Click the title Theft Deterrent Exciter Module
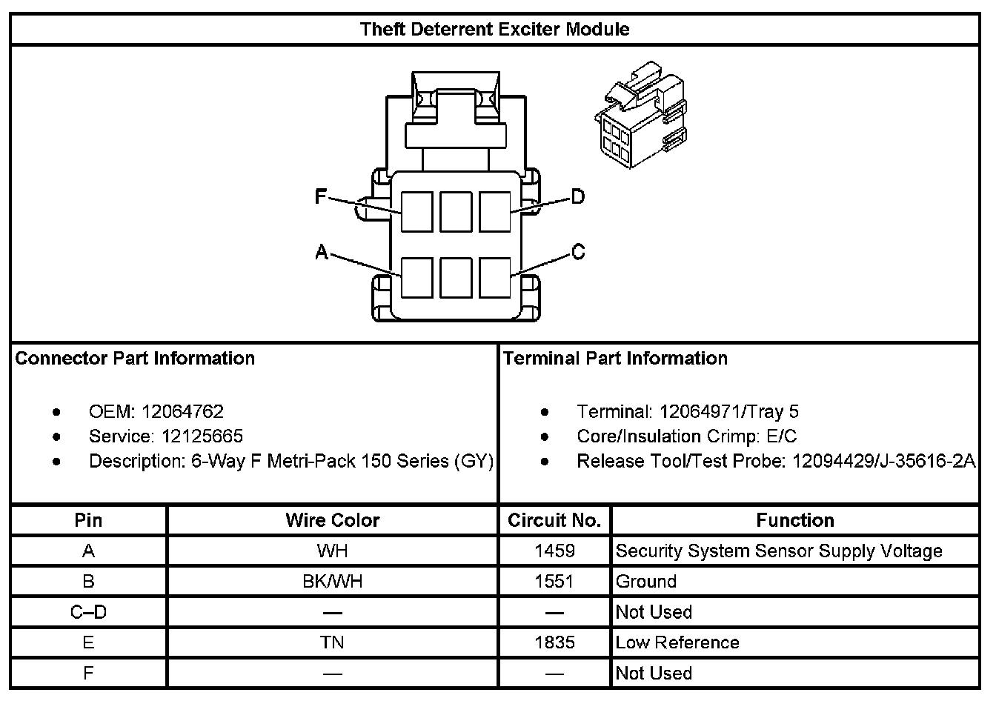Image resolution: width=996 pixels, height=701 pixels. click(494, 30)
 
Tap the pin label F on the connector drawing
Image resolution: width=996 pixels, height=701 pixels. click(321, 196)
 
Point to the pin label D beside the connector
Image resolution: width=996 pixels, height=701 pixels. click(577, 196)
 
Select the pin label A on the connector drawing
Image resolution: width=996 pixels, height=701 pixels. click(322, 253)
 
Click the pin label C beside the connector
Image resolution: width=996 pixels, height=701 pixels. click(578, 253)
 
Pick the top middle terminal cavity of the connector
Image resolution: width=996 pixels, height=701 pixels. click(456, 211)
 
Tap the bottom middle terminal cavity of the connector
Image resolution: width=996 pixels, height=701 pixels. click(456, 277)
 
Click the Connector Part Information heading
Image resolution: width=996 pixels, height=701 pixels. click(135, 359)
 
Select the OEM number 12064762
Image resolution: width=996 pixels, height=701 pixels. click(182, 412)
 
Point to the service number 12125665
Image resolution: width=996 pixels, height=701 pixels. click(202, 436)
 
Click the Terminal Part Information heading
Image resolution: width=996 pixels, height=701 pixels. click(615, 359)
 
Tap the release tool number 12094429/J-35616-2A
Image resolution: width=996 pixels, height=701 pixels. click(883, 462)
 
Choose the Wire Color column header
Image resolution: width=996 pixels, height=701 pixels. click(332, 521)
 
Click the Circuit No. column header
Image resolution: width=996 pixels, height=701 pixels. click(554, 521)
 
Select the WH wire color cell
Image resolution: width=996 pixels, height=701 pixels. click(332, 551)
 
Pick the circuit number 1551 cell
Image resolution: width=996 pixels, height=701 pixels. click(554, 582)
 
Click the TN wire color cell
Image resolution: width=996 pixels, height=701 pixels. click(332, 642)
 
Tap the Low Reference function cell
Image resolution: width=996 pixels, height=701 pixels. click(677, 642)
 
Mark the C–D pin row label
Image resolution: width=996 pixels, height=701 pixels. click(88, 612)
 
